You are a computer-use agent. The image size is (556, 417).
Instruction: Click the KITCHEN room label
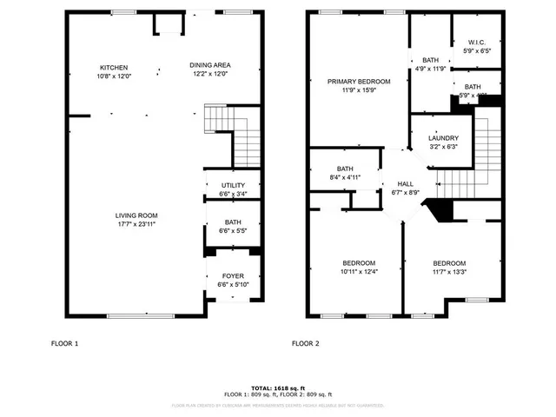(x=114, y=67)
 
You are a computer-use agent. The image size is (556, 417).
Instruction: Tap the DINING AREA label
(x=210, y=65)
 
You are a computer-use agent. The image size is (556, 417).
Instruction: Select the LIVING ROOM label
(x=136, y=215)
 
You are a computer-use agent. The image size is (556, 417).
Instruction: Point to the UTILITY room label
(x=233, y=185)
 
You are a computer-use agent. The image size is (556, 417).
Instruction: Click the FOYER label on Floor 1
(x=233, y=275)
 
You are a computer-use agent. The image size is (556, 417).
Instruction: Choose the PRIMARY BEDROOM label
(x=359, y=81)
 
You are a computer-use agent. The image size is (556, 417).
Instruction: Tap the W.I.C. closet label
(x=476, y=42)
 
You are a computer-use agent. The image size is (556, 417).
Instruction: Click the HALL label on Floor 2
(x=406, y=184)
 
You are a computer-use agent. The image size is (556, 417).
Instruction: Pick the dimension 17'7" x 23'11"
(x=136, y=224)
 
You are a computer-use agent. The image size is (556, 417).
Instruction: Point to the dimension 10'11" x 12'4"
(x=359, y=272)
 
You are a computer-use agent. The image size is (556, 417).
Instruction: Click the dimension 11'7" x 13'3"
(x=449, y=272)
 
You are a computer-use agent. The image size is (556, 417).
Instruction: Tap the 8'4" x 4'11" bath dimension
(x=345, y=177)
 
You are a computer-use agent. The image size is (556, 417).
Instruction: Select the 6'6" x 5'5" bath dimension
(x=233, y=231)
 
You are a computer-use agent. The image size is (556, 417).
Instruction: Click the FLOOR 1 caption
(x=64, y=344)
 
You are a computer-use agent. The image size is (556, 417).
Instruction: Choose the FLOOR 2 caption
(x=306, y=344)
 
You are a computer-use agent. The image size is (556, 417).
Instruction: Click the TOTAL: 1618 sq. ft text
(x=277, y=387)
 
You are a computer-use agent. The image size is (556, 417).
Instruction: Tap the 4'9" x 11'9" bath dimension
(x=430, y=69)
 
